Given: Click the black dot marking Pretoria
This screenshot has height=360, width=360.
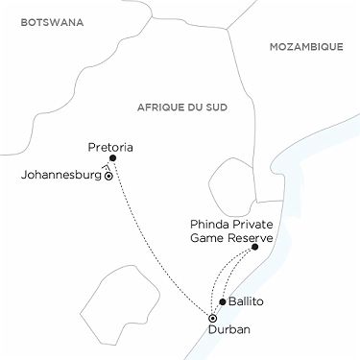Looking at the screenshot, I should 113,157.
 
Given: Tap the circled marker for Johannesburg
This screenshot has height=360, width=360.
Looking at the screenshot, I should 108,177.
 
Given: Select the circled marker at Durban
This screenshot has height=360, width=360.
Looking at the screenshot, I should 212,318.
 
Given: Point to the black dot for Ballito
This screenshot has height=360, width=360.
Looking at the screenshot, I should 223,301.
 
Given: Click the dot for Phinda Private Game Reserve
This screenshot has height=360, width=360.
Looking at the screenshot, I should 255,247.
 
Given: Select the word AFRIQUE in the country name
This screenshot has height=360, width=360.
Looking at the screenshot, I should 159,107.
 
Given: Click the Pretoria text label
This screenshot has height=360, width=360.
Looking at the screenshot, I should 109,147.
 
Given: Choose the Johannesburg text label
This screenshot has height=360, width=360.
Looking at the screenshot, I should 60,176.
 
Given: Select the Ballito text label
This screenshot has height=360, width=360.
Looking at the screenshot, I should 246,301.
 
